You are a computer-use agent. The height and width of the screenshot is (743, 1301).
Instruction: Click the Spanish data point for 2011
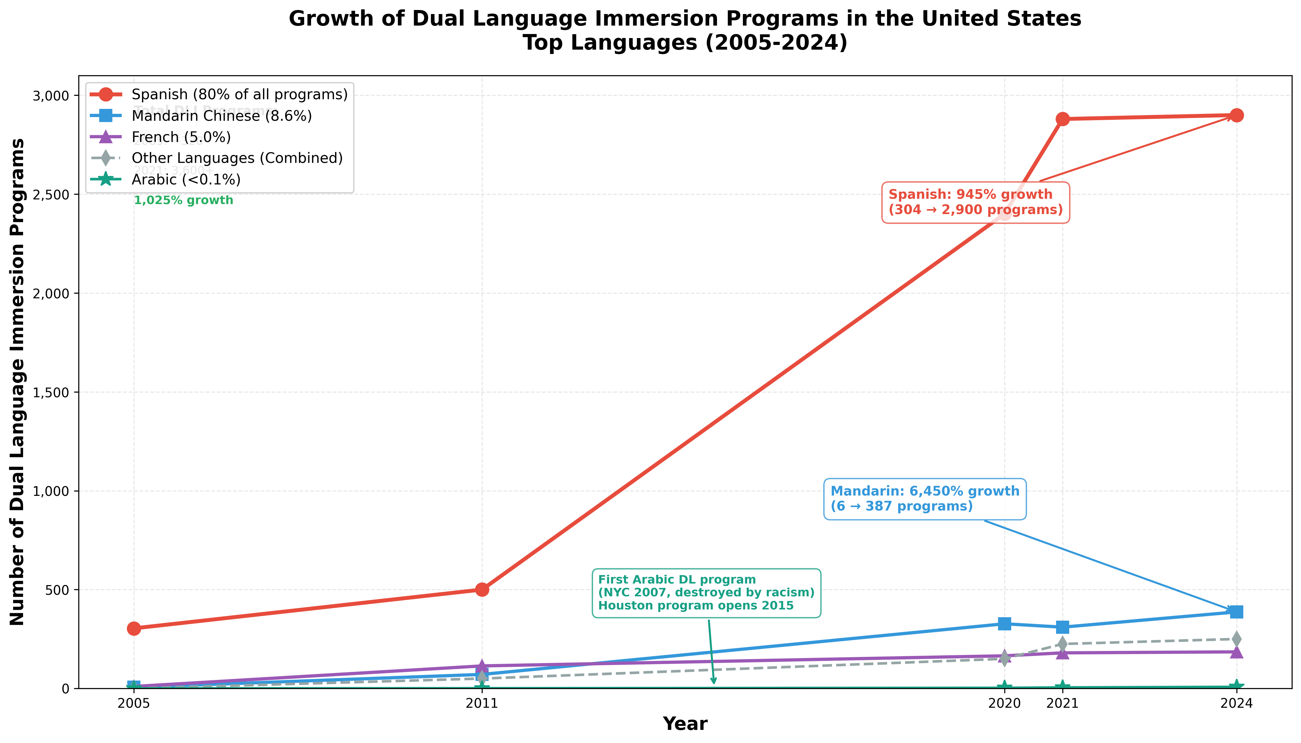click(482, 589)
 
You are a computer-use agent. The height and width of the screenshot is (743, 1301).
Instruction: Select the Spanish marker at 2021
click(1062, 119)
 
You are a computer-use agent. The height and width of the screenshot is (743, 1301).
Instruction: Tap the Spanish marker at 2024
click(1236, 115)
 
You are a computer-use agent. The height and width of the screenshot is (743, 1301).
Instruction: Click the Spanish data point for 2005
click(134, 628)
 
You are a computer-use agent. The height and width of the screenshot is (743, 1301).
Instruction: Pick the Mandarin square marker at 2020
click(1004, 623)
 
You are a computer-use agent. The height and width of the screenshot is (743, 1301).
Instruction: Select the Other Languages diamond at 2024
click(1236, 639)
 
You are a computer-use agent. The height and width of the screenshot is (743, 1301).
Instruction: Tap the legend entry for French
click(181, 137)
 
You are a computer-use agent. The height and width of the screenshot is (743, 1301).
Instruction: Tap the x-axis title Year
click(685, 724)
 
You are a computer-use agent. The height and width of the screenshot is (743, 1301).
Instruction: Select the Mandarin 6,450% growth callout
click(924, 499)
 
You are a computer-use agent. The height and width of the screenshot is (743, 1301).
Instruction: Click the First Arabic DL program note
click(706, 593)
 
